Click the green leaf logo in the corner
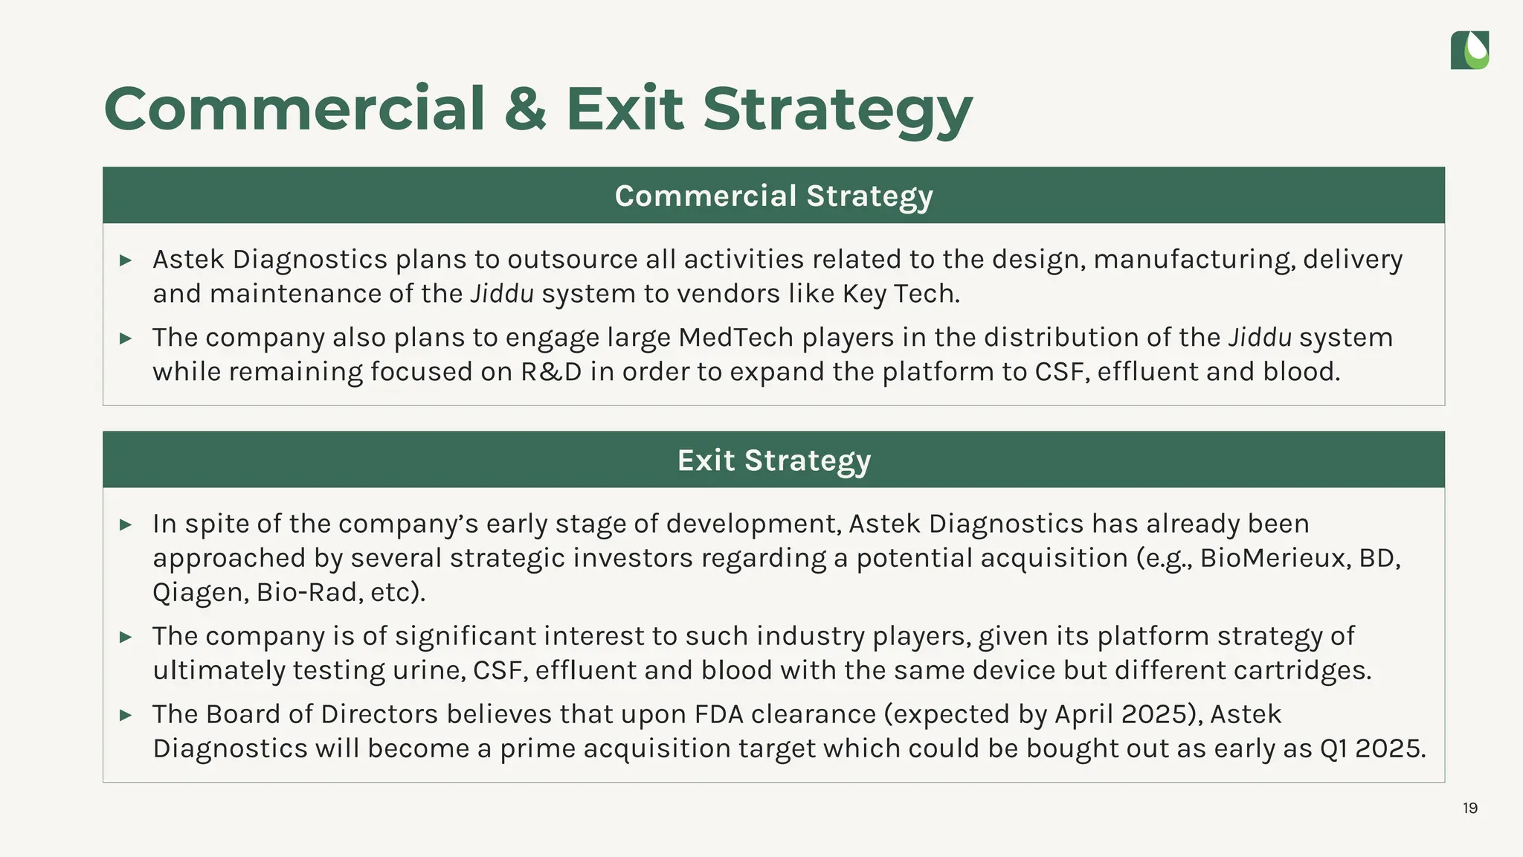pyautogui.click(x=1469, y=50)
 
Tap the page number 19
pyautogui.click(x=1469, y=808)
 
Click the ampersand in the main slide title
pyautogui.click(x=525, y=109)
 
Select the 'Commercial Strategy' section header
pyautogui.click(x=773, y=196)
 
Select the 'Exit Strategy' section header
pyautogui.click(x=773, y=460)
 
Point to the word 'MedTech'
pyautogui.click(x=735, y=338)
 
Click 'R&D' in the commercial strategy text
pyautogui.click(x=551, y=372)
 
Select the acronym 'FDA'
pyautogui.click(x=718, y=714)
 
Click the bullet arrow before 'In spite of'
pyautogui.click(x=126, y=524)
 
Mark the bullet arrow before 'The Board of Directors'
pyautogui.click(x=126, y=715)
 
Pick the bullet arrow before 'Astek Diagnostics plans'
pyautogui.click(x=126, y=260)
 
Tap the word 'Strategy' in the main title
pyautogui.click(x=837, y=109)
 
